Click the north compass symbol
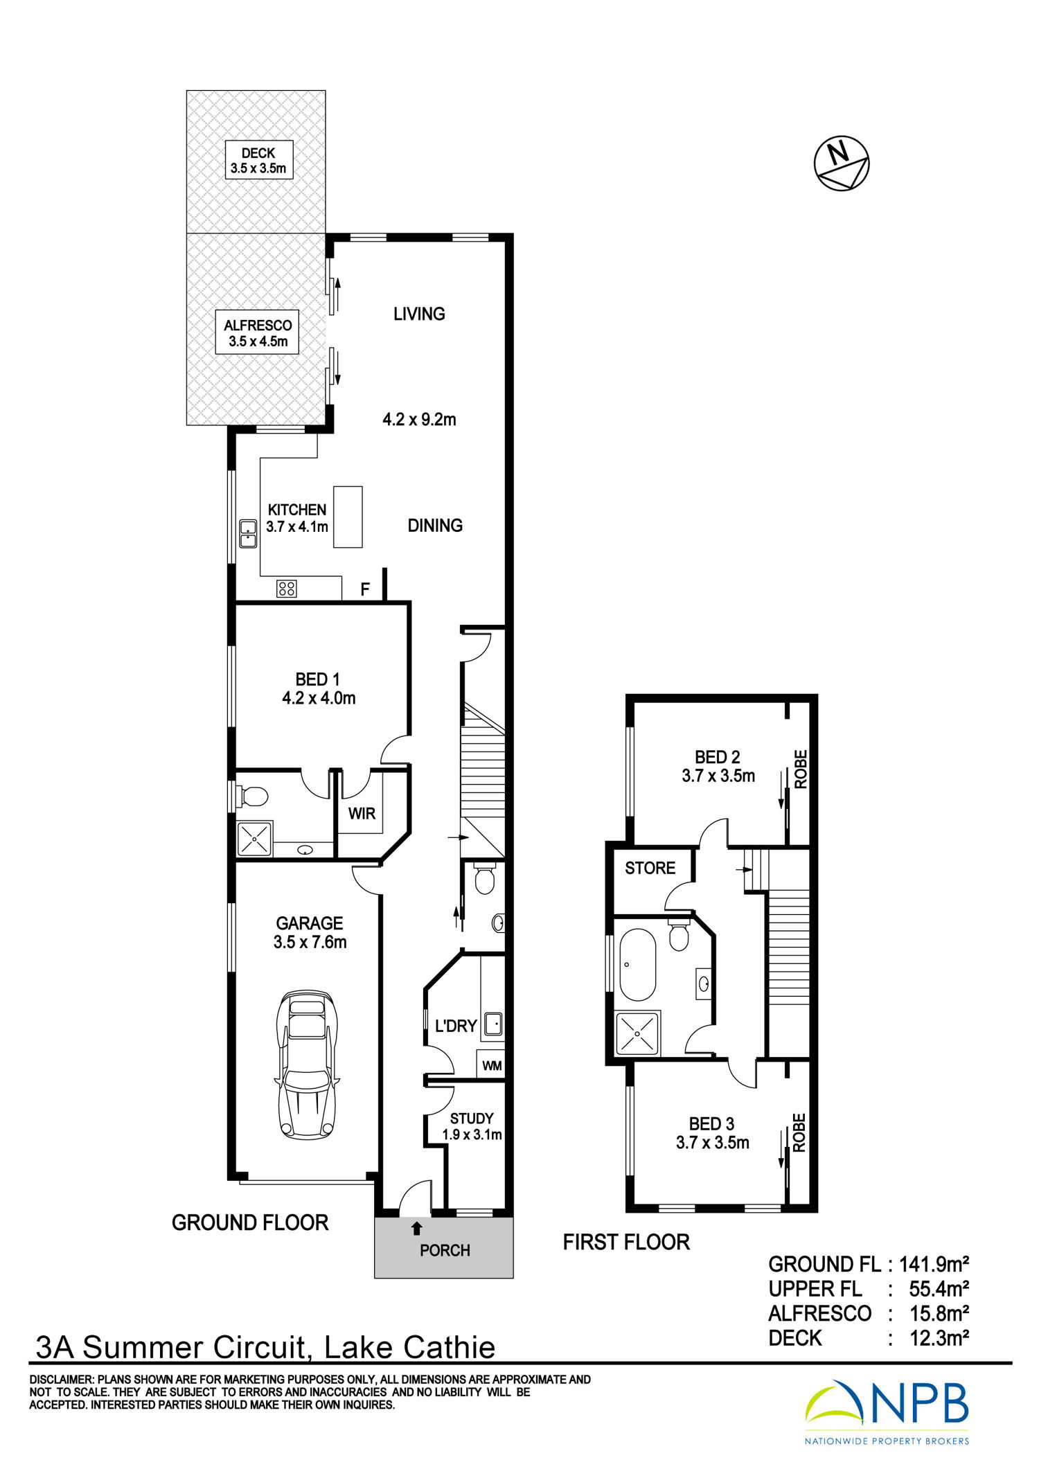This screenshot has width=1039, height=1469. pos(841,163)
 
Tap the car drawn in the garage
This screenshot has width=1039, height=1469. pos(307,1065)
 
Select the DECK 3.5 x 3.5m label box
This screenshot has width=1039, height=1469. pos(258,160)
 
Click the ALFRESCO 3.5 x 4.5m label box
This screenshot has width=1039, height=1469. pos(257,332)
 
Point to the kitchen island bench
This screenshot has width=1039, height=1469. pos(348,517)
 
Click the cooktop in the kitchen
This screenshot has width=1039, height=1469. pos(286,589)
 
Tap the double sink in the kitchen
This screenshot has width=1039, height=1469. pos(248,533)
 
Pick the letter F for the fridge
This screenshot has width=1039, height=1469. pos(365,589)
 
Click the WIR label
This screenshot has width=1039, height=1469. pos(362,813)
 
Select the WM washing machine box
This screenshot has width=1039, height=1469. pos(491,1065)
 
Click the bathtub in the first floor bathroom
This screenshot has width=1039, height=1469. pos(637,965)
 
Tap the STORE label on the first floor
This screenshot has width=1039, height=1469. pos(650,868)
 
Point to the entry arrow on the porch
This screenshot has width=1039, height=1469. pos(416,1229)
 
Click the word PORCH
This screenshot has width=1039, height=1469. pos(445,1250)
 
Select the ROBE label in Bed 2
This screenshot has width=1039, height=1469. pos(801,769)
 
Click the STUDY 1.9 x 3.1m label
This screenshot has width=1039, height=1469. pos(472,1126)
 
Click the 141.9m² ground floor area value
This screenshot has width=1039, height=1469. pos(934,1265)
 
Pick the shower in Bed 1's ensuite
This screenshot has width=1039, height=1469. pos(254,839)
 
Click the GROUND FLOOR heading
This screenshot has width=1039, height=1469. pos(250,1222)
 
